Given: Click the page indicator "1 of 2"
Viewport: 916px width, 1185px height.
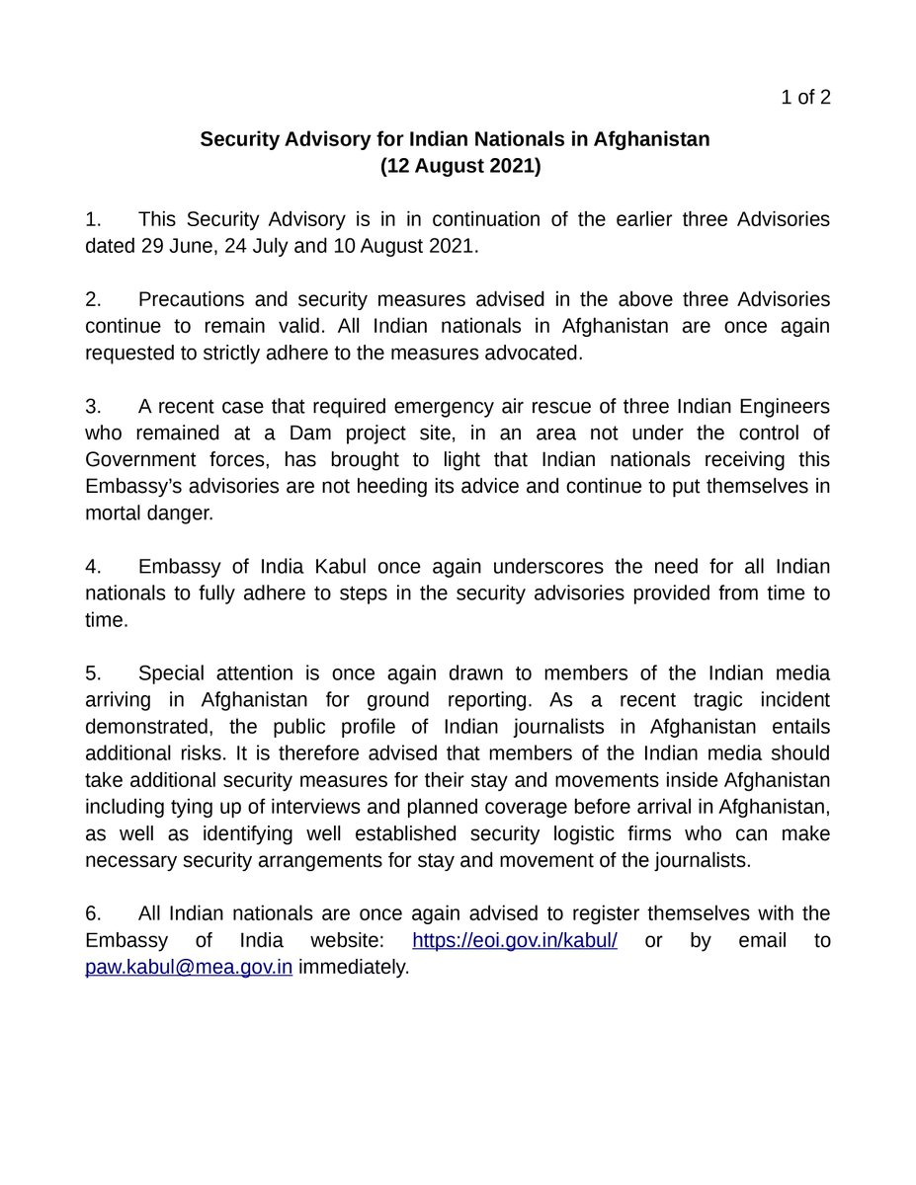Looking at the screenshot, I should click(805, 97).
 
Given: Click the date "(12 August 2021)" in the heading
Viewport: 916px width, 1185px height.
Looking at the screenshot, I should click(460, 166).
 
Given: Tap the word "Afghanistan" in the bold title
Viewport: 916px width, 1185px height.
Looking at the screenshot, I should click(652, 139).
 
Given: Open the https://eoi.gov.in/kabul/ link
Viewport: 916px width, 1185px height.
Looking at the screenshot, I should click(515, 941).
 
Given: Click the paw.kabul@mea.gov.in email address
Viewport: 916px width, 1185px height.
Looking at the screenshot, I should click(189, 968).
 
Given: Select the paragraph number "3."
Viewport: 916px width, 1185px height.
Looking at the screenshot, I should click(93, 406).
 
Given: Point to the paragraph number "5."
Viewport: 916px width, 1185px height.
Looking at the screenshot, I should click(93, 673).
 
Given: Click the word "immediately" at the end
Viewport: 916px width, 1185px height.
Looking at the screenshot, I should click(353, 968).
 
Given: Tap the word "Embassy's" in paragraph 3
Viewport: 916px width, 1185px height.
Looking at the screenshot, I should click(127, 487).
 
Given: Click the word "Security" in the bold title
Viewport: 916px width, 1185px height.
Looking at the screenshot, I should click(241, 139).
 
